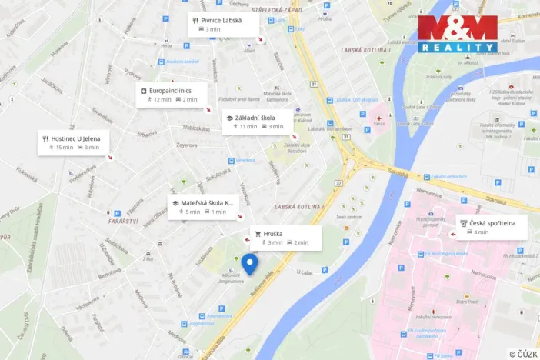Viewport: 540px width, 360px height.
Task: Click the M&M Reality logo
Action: pos(457,34)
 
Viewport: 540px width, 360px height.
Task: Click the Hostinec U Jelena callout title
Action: pos(78,138)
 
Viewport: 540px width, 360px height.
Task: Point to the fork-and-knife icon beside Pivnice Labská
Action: pos(195,20)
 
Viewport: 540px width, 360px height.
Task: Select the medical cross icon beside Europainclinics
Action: pos(143,91)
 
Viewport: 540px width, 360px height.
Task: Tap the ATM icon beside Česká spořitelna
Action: pos(464,223)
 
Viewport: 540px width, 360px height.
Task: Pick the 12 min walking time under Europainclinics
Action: pos(160,99)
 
